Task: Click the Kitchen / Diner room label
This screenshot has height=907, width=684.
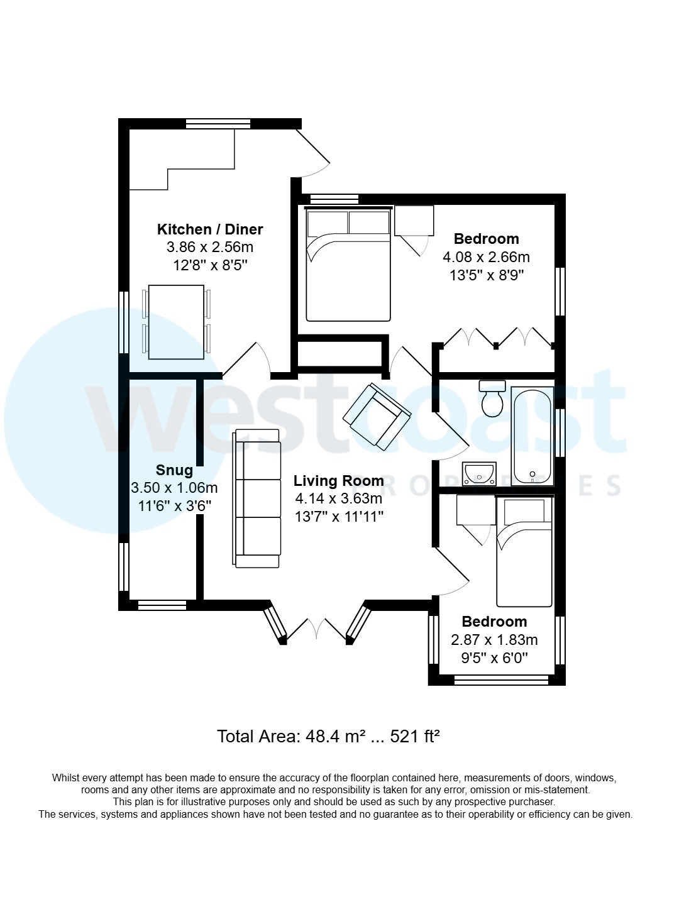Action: tap(210, 229)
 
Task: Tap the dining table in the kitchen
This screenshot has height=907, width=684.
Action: tap(176, 322)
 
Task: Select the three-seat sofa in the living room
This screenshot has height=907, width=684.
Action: tap(258, 498)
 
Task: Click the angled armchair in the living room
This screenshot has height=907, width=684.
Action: tap(377, 416)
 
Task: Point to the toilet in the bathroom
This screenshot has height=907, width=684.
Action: tap(492, 400)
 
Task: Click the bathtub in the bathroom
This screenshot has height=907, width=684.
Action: tap(532, 437)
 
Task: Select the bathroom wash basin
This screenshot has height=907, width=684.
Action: tap(479, 473)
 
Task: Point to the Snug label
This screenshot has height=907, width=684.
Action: tap(174, 470)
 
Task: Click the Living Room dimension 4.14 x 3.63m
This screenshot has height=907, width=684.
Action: tap(339, 498)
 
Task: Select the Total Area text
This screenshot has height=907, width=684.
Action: tap(328, 736)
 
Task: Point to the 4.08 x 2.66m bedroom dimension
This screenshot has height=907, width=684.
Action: tap(486, 257)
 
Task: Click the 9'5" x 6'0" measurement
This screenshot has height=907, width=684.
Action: tap(494, 657)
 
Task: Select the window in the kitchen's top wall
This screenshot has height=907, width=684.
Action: tap(218, 124)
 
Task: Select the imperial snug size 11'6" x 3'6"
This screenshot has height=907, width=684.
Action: tap(174, 505)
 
